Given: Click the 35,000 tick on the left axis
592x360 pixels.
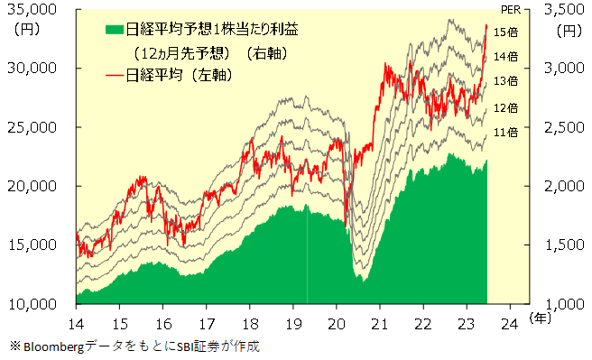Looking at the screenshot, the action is (32, 9).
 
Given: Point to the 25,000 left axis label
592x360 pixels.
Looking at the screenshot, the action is (32, 127).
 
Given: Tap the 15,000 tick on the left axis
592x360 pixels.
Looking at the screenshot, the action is (32, 245).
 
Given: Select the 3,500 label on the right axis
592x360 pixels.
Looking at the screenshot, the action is (564, 9).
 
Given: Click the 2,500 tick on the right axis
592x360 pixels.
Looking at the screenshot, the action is (564, 127).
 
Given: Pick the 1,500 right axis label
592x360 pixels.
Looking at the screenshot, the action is (564, 245).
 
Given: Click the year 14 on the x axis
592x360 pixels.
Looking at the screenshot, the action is (77, 323).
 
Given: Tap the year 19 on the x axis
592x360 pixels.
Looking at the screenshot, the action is (293, 323).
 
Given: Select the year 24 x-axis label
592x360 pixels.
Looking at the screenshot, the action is (511, 323).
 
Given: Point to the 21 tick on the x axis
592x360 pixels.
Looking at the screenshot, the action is (380, 323).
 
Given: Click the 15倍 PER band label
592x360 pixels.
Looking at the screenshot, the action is (505, 32).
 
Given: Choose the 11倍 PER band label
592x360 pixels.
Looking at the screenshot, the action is (505, 132).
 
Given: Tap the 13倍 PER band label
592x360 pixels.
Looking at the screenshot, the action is (505, 81).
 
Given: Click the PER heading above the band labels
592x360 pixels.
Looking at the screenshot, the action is (511, 9).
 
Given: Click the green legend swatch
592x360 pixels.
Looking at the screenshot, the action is (115, 30).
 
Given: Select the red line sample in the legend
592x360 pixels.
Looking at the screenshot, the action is (115, 76).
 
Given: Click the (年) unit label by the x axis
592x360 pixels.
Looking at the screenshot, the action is (540, 318).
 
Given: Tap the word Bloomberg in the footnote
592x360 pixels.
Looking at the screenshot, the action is (53, 346).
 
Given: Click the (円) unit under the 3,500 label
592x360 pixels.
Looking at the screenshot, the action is (569, 30).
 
